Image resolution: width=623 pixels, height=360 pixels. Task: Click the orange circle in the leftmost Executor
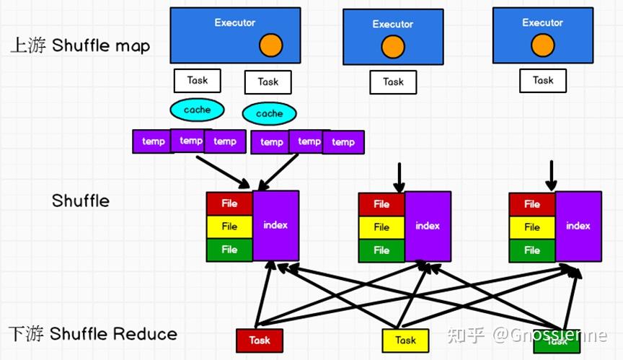tap(271, 45)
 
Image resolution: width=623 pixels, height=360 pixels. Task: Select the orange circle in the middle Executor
tap(392, 48)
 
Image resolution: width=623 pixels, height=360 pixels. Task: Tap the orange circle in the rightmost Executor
tap(542, 46)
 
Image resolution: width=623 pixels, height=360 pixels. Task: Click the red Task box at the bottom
tap(260, 340)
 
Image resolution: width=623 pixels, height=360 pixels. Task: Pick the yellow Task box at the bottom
tap(405, 340)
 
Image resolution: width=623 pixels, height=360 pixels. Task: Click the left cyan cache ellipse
tap(197, 110)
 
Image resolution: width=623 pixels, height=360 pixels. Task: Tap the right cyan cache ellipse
tap(269, 113)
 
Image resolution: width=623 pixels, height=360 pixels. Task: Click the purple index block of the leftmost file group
tap(275, 225)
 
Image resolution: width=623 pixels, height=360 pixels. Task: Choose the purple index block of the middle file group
tap(428, 227)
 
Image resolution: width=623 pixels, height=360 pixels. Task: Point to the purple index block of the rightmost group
tap(578, 227)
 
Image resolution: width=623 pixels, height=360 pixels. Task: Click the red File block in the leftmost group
tap(229, 203)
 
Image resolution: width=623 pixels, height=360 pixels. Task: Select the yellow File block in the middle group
tap(381, 227)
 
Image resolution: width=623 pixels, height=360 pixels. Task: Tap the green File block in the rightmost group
tap(532, 250)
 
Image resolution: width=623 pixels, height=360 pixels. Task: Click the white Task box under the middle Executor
tap(393, 82)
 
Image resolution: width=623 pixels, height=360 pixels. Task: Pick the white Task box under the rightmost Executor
tap(543, 80)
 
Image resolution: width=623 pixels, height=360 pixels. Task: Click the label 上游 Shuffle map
tap(80, 46)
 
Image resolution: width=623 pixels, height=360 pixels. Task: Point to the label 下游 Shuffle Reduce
tap(92, 334)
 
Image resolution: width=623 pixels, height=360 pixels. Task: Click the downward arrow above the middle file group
tap(397, 177)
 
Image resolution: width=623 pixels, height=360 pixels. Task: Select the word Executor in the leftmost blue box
tap(234, 22)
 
